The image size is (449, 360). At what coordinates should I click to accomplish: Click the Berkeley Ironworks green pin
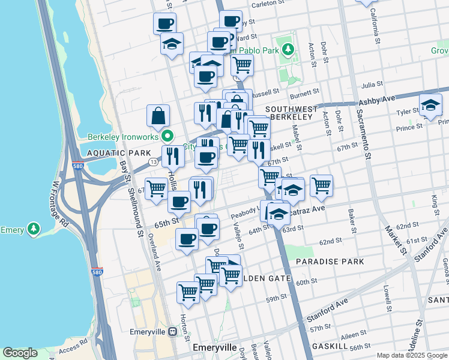click(169, 136)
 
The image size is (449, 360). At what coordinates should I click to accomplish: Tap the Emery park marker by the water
click(34, 229)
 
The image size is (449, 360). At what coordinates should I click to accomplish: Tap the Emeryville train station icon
click(172, 331)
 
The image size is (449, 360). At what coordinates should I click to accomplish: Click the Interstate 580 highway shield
click(97, 272)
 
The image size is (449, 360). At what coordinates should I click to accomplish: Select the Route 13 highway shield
click(154, 163)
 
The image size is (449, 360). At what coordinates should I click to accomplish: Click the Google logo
click(20, 353)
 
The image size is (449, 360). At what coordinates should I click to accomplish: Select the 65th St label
click(167, 221)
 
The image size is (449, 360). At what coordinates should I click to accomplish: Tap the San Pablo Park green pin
click(288, 49)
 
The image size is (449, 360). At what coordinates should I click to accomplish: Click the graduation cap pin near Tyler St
click(430, 106)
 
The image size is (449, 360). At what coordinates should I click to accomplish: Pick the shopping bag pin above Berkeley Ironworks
click(158, 116)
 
